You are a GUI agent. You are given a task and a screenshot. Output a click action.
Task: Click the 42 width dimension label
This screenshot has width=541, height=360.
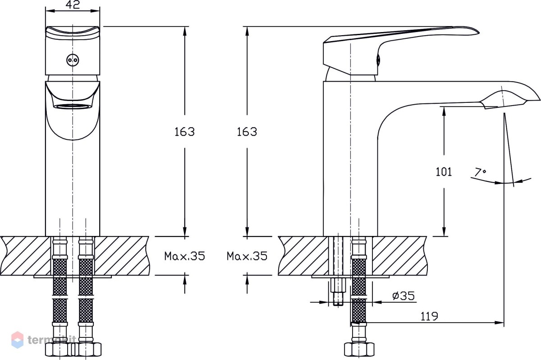click(73, 5)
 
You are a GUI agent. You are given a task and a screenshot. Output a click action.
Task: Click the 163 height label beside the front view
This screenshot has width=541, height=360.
click(184, 132)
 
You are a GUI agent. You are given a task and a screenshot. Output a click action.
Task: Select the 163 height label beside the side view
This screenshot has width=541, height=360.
click(247, 132)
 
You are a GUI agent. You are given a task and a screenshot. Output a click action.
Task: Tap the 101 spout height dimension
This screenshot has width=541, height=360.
click(444, 172)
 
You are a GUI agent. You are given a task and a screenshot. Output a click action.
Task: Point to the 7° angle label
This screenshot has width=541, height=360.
click(480, 172)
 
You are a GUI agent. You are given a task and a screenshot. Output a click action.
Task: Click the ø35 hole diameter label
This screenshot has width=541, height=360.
click(403, 295)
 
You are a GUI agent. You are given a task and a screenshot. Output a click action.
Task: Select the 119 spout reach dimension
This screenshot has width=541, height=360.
click(429, 316)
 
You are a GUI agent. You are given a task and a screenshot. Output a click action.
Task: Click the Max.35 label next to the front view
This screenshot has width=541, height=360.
click(184, 256)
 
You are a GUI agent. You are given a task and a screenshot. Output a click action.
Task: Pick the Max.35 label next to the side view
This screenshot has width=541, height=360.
click(247, 256)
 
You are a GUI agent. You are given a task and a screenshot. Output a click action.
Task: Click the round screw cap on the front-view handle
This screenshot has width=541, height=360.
click(73, 60)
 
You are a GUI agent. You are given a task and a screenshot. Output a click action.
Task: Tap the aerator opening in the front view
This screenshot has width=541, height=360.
click(73, 106)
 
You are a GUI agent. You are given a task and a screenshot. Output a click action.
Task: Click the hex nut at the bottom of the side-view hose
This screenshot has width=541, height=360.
click(359, 349)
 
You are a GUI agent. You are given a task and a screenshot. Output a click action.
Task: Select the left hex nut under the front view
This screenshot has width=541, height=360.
click(59, 349)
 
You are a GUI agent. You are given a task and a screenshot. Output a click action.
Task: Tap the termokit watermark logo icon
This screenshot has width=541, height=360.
click(18, 340)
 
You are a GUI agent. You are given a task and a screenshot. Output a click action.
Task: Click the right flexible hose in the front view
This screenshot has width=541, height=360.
click(86, 290)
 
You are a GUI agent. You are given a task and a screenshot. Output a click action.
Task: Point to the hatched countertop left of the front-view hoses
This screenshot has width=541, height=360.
click(25, 256)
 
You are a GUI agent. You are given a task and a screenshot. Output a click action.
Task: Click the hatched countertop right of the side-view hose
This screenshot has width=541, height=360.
click(399, 256)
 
